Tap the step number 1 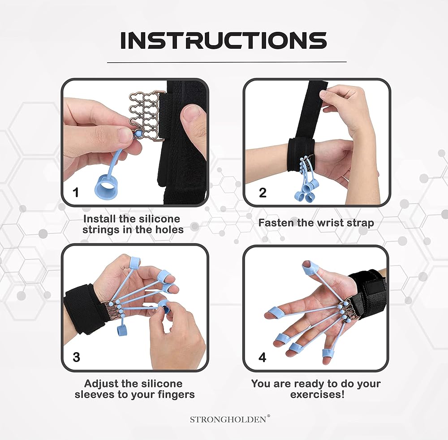(76, 192)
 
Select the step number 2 (263, 193)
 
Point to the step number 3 (76, 357)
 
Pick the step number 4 (262, 357)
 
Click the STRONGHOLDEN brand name (228, 419)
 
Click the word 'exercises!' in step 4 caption (317, 395)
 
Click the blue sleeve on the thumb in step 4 (310, 269)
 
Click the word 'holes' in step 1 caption (169, 229)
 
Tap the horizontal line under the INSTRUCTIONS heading (227, 62)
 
